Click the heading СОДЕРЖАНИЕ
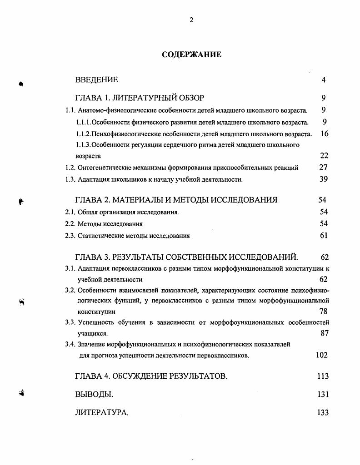pos(191,55)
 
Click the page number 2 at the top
pos(191,20)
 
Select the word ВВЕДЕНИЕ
pos(96,80)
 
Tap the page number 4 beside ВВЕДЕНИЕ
pos(324,80)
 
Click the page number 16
pos(324,134)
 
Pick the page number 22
pos(324,155)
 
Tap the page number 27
pos(323,167)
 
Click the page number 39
pos(324,179)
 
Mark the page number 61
pos(324,235)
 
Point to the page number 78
pos(323,311)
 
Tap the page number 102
pos(322,355)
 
